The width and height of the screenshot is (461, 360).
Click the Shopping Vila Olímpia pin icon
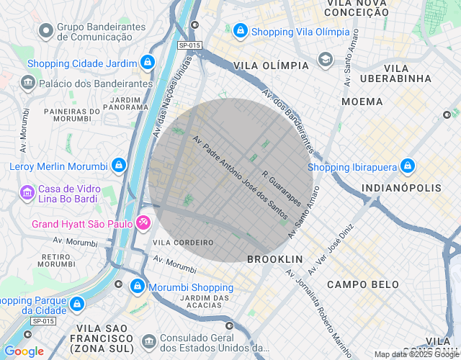coord(240,31)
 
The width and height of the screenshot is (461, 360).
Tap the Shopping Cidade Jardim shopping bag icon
coord(148,63)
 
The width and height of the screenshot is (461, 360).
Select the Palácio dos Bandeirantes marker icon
coord(27,83)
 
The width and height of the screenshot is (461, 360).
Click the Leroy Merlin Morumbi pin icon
coord(118,166)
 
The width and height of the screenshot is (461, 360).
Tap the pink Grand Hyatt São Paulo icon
coord(143,223)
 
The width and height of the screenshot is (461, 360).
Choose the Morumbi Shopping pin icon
coord(137,287)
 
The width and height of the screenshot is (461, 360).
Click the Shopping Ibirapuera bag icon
coord(408,167)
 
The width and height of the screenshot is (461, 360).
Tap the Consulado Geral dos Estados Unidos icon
coord(148,339)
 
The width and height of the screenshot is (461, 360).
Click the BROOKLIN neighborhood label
coord(274,258)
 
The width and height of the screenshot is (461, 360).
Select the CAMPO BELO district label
coord(362,284)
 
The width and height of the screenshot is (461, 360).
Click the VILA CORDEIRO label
coord(184,243)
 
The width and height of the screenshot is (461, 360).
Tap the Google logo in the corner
coord(23,351)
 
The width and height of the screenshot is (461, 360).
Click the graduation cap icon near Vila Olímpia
coord(326,58)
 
